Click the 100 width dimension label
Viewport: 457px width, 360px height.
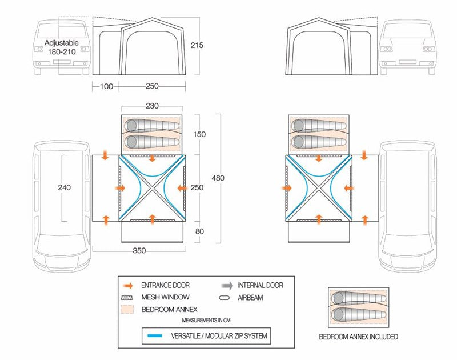point(106,86)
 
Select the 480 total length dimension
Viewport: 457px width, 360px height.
point(218,178)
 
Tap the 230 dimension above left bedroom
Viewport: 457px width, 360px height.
point(151,106)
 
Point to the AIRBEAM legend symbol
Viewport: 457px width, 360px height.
point(226,297)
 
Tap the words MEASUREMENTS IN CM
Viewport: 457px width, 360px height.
point(206,321)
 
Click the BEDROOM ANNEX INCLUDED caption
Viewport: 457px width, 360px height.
point(359,337)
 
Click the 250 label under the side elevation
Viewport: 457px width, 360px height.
point(152,86)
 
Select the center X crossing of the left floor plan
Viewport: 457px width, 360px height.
point(151,187)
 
